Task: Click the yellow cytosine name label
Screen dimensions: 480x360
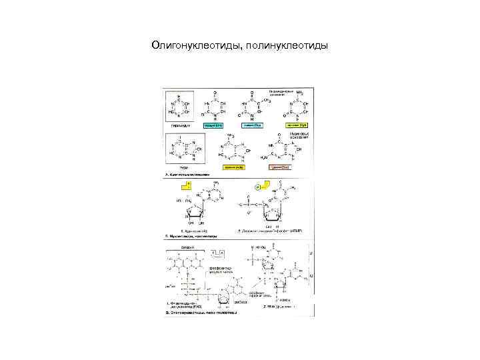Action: (x=296, y=125)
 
